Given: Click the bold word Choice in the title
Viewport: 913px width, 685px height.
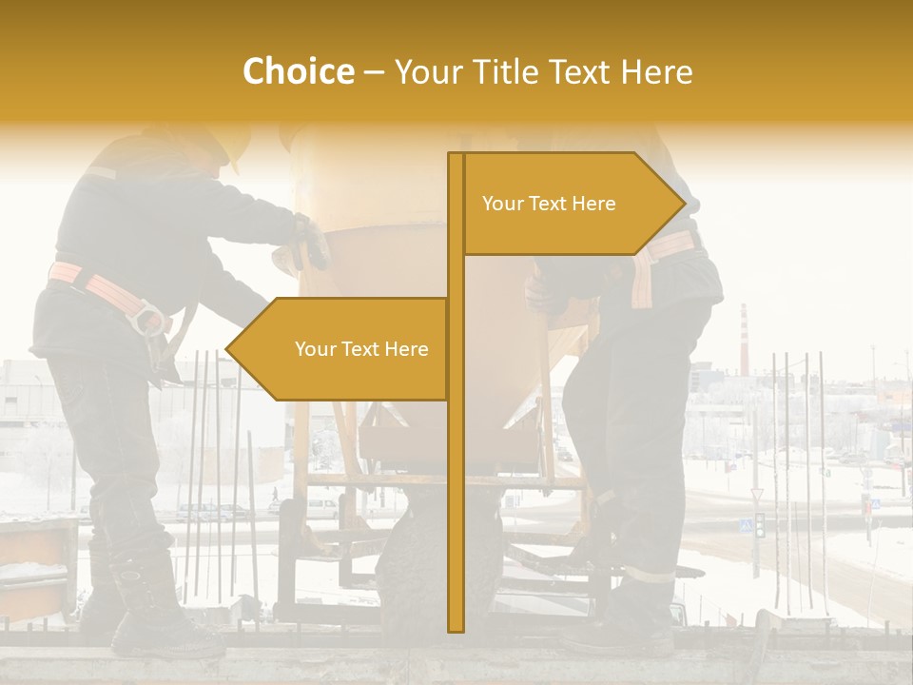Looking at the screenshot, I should (298, 71).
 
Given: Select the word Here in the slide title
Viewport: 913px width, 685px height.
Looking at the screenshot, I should (656, 71).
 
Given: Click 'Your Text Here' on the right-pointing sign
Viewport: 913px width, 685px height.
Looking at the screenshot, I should (549, 204).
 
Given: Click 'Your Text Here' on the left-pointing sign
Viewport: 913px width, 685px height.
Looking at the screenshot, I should (361, 349).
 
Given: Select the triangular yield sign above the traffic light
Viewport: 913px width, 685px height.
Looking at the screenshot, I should (757, 495).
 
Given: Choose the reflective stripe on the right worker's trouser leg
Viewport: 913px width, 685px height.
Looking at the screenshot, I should (650, 574).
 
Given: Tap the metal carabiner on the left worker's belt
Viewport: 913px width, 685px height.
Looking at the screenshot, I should (147, 316).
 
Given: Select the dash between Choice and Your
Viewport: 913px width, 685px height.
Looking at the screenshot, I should (374, 72).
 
